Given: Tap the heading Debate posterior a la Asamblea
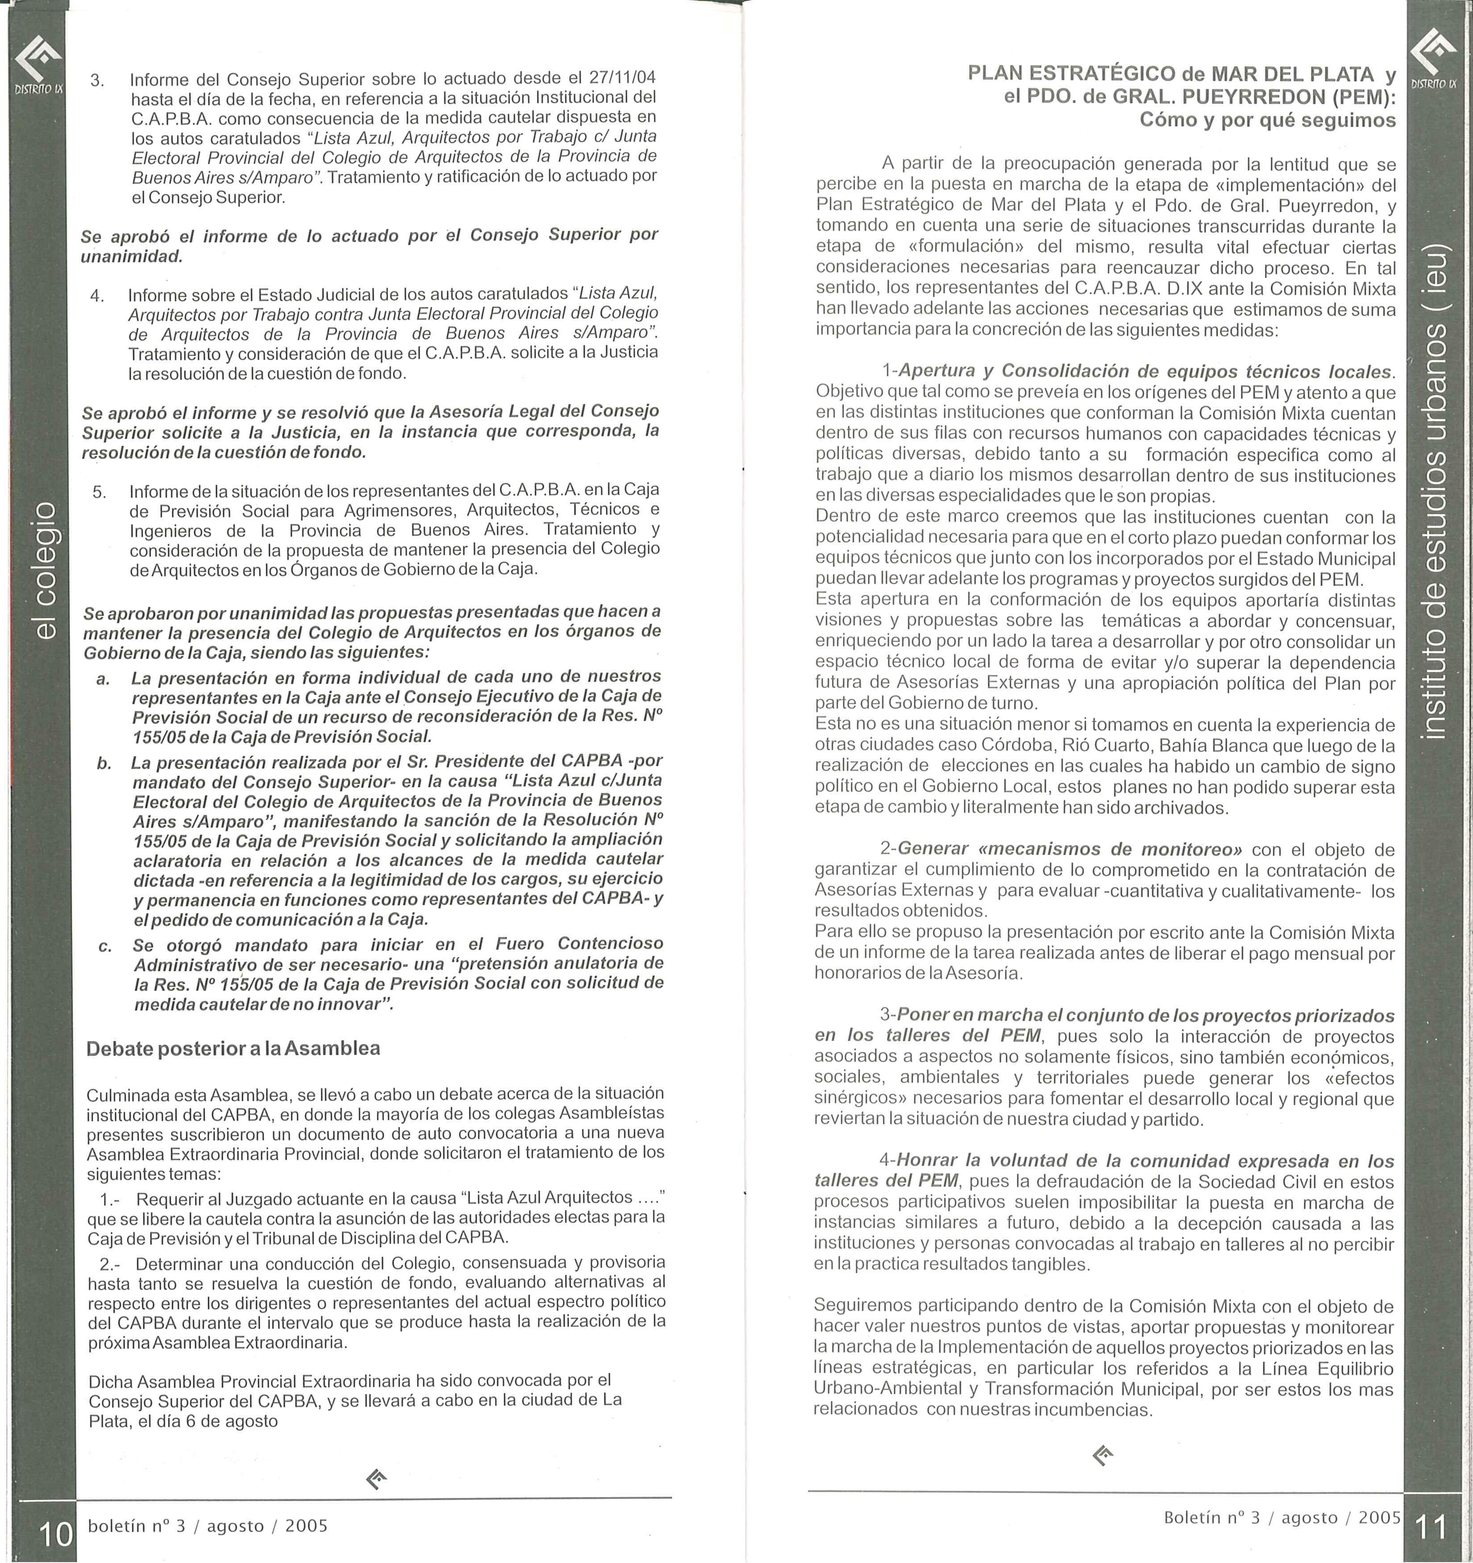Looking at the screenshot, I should click(x=233, y=1048).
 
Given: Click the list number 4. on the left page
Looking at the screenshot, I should click(x=98, y=295).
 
